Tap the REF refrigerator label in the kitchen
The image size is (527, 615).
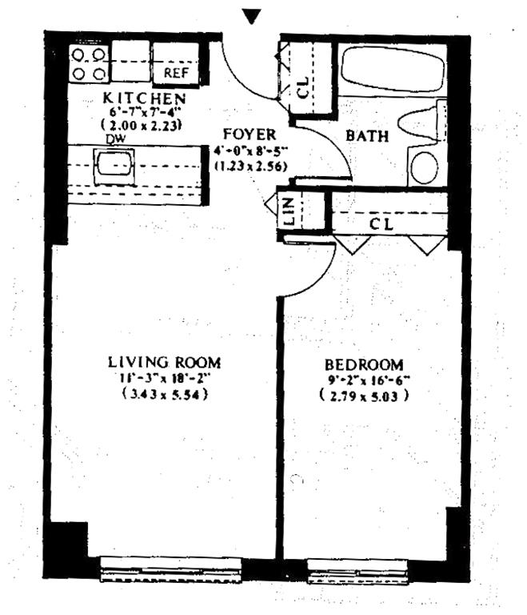(x=174, y=73)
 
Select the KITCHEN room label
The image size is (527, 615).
(x=145, y=98)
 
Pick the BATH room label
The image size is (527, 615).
(x=367, y=135)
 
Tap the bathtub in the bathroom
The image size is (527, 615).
(x=392, y=74)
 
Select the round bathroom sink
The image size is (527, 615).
(x=425, y=167)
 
